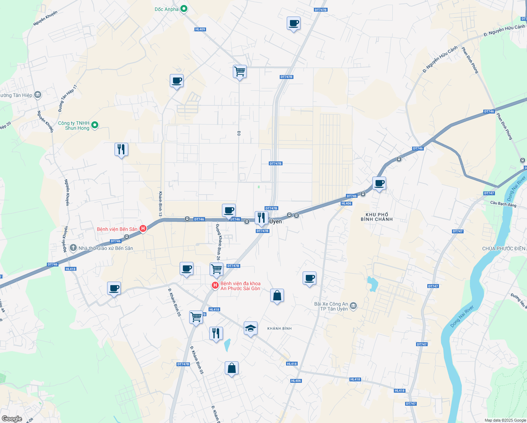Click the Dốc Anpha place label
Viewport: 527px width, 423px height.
(167, 9)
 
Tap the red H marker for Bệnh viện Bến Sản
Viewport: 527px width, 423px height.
(143, 229)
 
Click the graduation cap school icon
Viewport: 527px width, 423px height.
(250, 328)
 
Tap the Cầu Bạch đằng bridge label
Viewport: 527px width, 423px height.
(503, 204)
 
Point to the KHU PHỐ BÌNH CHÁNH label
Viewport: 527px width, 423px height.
(377, 217)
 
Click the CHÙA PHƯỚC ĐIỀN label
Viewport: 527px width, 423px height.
(504, 249)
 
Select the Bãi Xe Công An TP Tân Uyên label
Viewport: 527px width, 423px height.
(331, 306)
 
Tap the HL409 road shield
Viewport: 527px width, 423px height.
(200, 29)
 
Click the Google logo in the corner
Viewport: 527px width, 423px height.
(12, 419)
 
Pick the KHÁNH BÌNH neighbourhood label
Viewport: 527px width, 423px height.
(279, 329)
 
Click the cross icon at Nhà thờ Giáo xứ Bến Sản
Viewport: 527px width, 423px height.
(73, 248)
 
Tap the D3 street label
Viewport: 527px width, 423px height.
(239, 133)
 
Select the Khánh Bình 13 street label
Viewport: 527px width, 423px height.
(160, 204)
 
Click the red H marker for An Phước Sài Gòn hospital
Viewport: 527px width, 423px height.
(215, 285)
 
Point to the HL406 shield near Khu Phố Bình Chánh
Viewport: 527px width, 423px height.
(346, 203)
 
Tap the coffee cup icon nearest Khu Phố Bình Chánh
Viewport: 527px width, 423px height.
(379, 183)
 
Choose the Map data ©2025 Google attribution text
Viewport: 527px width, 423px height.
(505, 420)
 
